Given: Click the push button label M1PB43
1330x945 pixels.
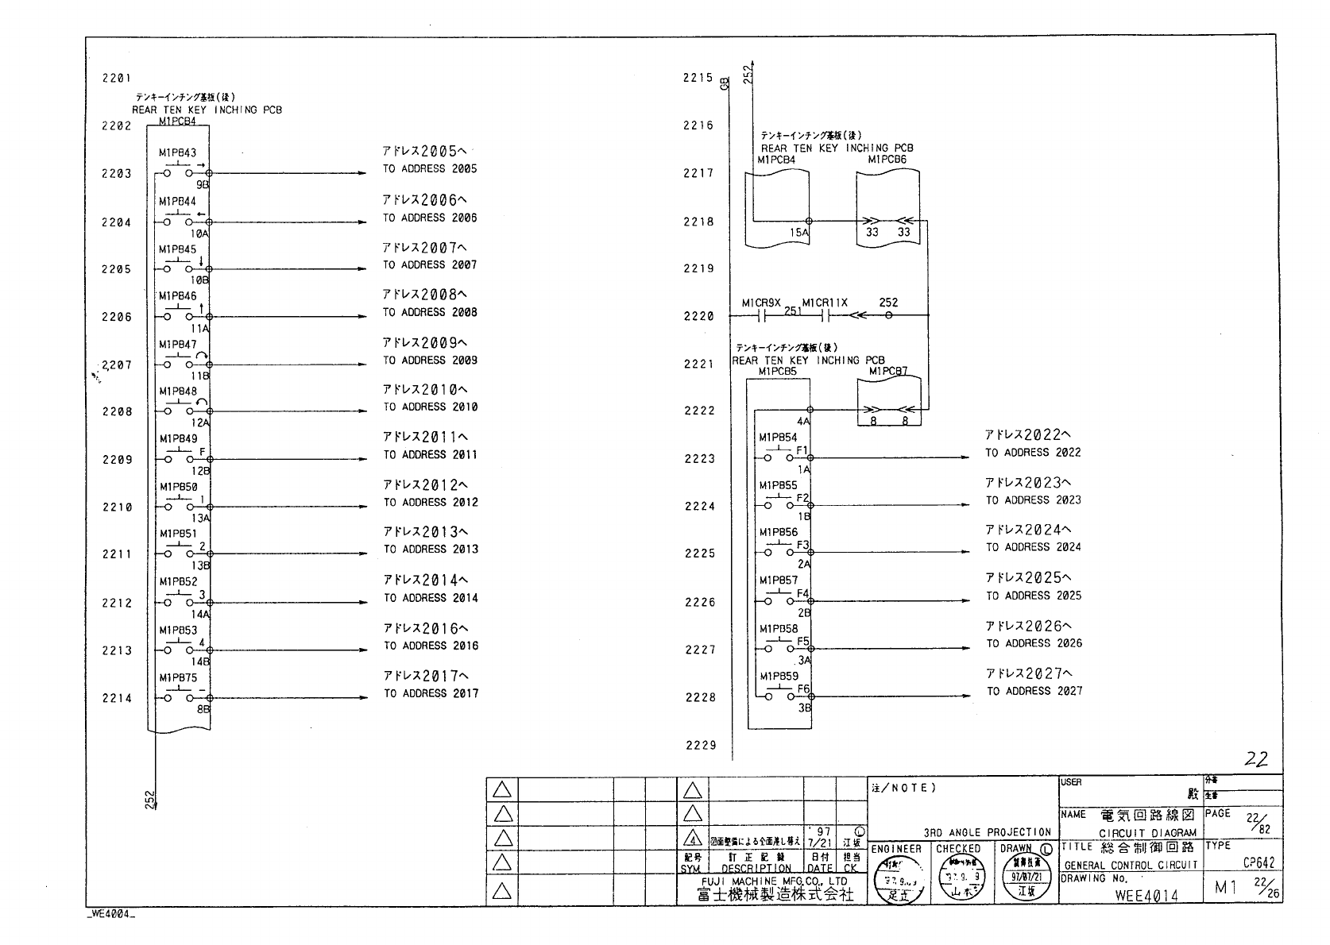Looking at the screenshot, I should tap(177, 152).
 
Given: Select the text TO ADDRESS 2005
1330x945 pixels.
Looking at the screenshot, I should tap(430, 169).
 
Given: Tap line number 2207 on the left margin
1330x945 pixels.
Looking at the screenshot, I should tap(117, 365).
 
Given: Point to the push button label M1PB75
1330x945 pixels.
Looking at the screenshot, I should tap(178, 678).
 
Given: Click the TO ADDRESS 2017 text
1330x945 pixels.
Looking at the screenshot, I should tap(431, 693).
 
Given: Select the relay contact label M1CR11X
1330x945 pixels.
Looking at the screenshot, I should tap(825, 303).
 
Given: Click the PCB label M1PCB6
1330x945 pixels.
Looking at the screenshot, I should tap(887, 160).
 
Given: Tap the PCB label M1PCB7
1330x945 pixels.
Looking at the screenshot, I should tap(887, 371).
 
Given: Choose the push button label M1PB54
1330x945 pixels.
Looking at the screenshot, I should tap(778, 438).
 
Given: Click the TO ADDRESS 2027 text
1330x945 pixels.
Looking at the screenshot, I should tap(1034, 691).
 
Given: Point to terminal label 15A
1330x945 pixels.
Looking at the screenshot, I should tap(798, 233).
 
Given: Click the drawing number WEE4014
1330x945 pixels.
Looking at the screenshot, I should tap(1146, 896).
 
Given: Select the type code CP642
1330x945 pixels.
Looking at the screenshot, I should tap(1258, 863).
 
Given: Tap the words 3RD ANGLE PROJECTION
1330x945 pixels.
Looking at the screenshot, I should tap(987, 832).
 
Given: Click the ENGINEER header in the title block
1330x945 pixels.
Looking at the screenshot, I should tap(896, 849).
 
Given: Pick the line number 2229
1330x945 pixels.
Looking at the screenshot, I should tap(701, 745).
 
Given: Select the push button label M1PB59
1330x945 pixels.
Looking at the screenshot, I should tap(779, 677).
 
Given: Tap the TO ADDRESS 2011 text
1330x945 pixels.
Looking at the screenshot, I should tap(431, 455).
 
